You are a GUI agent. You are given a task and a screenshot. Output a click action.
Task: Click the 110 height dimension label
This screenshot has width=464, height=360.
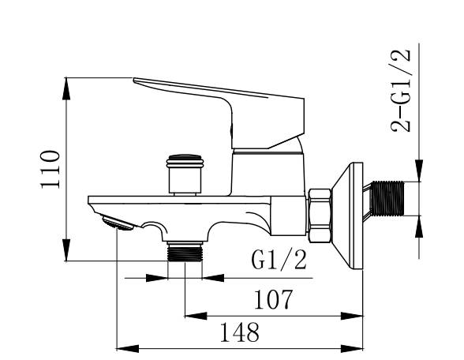tap(50, 169)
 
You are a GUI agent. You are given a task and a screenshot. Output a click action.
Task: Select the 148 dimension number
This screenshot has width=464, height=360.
tap(240, 332)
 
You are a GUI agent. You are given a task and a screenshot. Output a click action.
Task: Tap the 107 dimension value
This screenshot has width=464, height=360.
tap(274, 299)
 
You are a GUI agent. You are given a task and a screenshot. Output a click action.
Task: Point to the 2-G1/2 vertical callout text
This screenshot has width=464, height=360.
tap(401, 91)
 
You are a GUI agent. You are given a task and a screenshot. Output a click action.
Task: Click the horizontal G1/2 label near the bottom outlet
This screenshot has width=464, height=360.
tap(279, 259)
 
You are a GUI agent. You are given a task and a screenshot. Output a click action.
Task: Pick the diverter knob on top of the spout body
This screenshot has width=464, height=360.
tap(185, 174)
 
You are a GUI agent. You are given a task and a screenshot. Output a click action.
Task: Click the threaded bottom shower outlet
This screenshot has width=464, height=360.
tap(185, 251)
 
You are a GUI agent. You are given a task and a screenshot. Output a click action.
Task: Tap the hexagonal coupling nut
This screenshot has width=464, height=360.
tap(320, 216)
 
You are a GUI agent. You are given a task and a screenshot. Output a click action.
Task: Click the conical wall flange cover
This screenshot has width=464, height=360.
tap(348, 216)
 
